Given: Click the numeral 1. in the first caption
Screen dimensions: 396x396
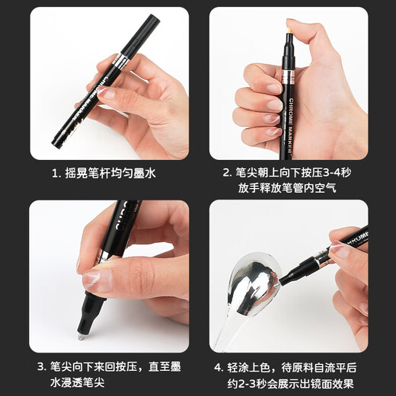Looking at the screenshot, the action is coord(56,174).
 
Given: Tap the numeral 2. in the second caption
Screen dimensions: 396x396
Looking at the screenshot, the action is coord(228,173).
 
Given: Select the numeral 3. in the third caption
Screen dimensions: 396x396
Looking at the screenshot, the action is coord(42,367).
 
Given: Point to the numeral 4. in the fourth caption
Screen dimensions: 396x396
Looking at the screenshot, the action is coord(219,368).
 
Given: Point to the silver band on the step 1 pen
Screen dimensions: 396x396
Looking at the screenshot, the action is coord(120,61).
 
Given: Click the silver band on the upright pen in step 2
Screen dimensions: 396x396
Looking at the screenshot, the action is coord(289,77).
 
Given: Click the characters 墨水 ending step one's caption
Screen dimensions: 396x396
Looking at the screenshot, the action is coord(145,174).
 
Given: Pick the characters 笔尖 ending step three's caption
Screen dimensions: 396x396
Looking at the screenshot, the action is coord(94,383).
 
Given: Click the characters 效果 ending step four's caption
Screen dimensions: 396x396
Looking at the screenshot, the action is coord(343,383).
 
